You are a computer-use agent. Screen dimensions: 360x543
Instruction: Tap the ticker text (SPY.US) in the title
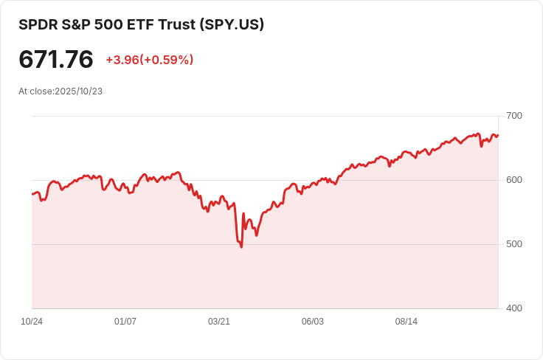point(232,24)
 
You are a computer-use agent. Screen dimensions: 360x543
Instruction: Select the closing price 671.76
point(56,59)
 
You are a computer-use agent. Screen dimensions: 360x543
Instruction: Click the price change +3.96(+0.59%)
point(150,60)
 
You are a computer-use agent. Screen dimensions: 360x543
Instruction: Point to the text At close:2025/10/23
point(60,91)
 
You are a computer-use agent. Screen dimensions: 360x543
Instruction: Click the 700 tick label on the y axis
point(514,116)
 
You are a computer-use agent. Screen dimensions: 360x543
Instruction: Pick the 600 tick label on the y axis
point(514,180)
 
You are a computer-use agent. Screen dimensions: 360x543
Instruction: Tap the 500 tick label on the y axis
point(514,244)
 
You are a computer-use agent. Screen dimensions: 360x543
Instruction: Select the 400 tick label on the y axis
point(514,308)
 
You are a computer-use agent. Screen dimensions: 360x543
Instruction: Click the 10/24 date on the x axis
point(32,322)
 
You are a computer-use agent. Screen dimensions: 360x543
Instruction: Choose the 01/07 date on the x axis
point(125,322)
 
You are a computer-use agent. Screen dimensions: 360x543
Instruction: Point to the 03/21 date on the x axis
point(219,322)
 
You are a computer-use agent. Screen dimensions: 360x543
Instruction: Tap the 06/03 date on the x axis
point(313,322)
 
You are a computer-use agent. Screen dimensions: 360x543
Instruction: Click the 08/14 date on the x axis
point(407,322)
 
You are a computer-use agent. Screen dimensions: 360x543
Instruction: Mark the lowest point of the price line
point(241,247)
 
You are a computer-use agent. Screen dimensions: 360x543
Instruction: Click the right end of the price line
point(498,135)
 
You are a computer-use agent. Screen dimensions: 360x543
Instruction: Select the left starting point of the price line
point(32,194)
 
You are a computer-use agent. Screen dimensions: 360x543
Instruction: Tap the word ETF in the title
point(139,24)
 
